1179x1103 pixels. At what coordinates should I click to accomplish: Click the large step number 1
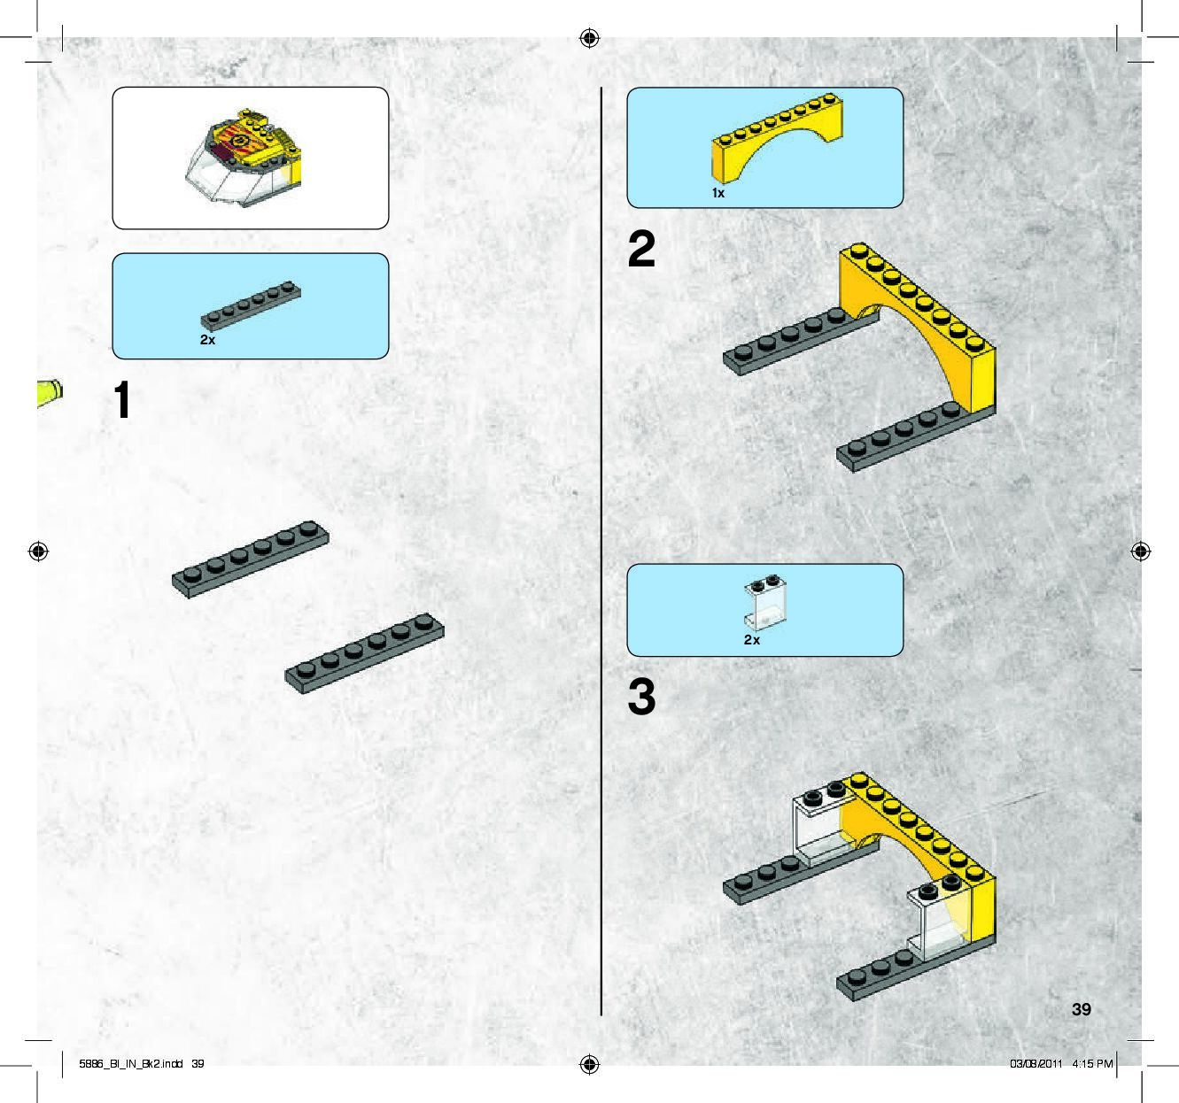pos(122,400)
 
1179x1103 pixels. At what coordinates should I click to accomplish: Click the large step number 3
pos(641,697)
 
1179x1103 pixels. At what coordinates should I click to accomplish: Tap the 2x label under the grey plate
pos(207,340)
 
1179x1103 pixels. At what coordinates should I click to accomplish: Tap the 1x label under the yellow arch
pos(718,193)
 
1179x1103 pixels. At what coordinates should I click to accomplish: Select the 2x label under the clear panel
pos(751,640)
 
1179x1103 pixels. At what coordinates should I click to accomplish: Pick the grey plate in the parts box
pos(251,306)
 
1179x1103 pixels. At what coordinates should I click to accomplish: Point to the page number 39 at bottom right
pos(1081,1009)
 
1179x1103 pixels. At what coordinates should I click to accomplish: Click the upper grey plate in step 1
pos(250,559)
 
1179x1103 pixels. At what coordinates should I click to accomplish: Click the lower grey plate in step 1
pos(364,653)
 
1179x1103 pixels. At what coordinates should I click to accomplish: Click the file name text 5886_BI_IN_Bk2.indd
pos(130,1064)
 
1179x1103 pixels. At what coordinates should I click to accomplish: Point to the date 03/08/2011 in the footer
pos(1036,1064)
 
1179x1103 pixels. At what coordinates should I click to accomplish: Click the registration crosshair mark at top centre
pos(589,38)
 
